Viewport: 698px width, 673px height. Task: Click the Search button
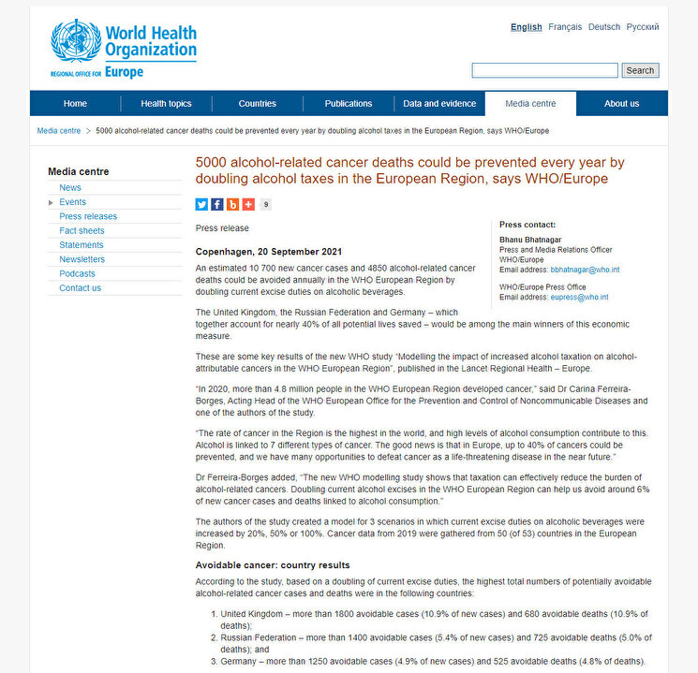pyautogui.click(x=640, y=70)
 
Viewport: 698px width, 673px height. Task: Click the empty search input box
pyautogui.click(x=544, y=70)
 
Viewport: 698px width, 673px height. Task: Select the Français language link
pyautogui.click(x=564, y=27)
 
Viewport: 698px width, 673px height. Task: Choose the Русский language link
pyautogui.click(x=643, y=27)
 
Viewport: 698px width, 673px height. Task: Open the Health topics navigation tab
pyautogui.click(x=166, y=104)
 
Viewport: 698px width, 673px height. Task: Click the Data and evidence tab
pyautogui.click(x=438, y=104)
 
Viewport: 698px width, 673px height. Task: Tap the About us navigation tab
pyautogui.click(x=622, y=104)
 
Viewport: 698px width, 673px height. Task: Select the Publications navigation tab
pyautogui.click(x=349, y=104)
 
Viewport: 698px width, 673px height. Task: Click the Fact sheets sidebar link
pyautogui.click(x=82, y=230)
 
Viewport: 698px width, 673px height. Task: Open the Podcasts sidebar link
pyautogui.click(x=77, y=273)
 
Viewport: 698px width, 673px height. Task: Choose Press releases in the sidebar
pyautogui.click(x=88, y=216)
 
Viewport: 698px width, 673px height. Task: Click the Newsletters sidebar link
pyautogui.click(x=82, y=259)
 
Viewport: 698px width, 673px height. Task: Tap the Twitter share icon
pyautogui.click(x=202, y=204)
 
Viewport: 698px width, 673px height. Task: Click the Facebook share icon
pyautogui.click(x=217, y=204)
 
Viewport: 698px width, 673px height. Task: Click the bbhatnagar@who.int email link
pyautogui.click(x=586, y=270)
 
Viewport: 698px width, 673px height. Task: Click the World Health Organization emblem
pyautogui.click(x=75, y=42)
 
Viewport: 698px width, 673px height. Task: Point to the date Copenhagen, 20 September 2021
pyautogui.click(x=268, y=252)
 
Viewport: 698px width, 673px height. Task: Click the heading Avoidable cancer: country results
pyautogui.click(x=273, y=565)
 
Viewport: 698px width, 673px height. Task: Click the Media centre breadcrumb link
pyautogui.click(x=58, y=131)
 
